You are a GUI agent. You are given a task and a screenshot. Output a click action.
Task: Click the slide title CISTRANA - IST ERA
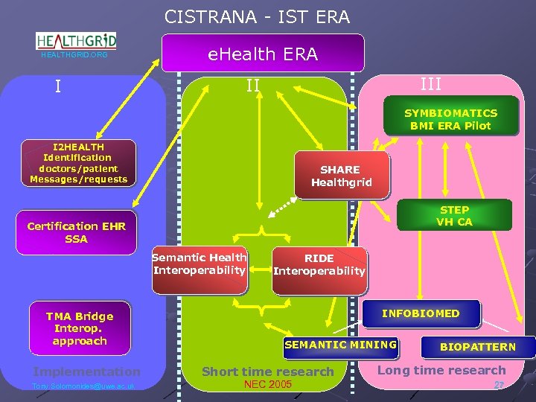click(x=257, y=16)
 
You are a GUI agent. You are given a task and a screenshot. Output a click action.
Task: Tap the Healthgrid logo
click(x=77, y=42)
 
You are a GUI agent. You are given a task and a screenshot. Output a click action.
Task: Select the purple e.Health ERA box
click(x=263, y=54)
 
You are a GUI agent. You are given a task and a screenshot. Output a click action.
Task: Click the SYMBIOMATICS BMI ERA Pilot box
click(x=450, y=119)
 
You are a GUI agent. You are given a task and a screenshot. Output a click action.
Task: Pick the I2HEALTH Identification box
click(x=79, y=163)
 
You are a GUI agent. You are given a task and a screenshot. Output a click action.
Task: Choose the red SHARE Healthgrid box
click(x=341, y=176)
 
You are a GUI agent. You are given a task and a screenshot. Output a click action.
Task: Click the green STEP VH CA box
click(x=454, y=215)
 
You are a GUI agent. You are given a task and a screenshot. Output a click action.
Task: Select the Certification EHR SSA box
click(x=77, y=232)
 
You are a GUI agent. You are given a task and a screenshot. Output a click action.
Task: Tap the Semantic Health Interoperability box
click(x=200, y=264)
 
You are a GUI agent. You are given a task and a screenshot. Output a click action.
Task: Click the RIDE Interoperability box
click(x=319, y=264)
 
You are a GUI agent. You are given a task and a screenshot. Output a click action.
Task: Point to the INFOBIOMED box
click(x=421, y=313)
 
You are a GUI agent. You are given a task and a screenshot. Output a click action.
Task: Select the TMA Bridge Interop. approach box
click(x=80, y=328)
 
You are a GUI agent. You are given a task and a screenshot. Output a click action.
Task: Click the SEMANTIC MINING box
click(x=340, y=345)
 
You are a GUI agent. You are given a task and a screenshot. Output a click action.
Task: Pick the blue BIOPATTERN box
click(x=477, y=347)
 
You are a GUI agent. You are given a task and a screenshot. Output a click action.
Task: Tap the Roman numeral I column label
click(x=58, y=87)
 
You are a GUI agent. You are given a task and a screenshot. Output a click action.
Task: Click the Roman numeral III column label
click(x=430, y=84)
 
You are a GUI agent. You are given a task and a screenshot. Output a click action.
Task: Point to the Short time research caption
click(x=268, y=371)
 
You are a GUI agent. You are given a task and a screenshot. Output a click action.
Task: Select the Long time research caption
click(x=441, y=370)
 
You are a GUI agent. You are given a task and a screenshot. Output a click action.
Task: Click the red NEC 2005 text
click(x=268, y=385)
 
